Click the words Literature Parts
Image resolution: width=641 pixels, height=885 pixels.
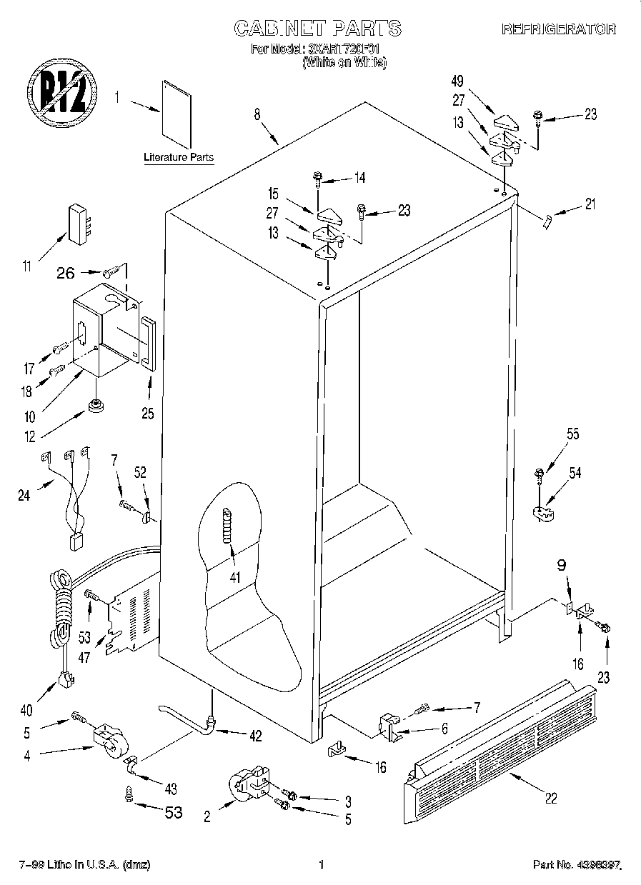(x=178, y=156)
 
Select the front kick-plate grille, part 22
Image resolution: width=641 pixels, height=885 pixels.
(x=500, y=743)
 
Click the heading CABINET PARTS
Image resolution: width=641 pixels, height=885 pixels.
(x=319, y=28)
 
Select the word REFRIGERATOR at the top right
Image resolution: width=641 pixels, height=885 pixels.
(x=558, y=29)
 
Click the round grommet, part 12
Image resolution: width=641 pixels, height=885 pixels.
(x=94, y=406)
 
